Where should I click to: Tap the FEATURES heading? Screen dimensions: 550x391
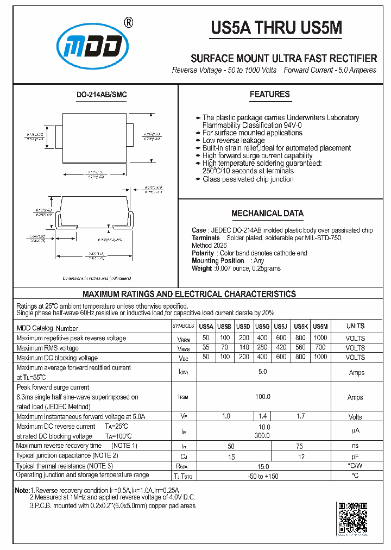point(269,95)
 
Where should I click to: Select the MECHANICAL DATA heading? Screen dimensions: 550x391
point(267,214)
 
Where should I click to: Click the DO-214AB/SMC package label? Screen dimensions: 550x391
point(101,95)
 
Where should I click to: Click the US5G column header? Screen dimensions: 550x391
point(262,327)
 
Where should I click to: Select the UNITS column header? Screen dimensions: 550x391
point(355,326)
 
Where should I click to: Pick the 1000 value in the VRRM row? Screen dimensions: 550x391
point(320,337)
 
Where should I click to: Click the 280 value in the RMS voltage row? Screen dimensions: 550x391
point(262,347)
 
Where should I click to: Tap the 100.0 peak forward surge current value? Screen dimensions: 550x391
point(262,397)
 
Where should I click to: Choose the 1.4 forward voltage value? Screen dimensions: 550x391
point(262,416)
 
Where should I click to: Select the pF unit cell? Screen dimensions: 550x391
point(355,457)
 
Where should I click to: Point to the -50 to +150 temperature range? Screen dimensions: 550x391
point(262,476)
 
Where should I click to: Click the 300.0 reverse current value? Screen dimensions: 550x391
point(262,435)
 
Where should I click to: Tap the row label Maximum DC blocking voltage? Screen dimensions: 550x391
point(57,358)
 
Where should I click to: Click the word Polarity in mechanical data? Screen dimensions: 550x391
point(203,253)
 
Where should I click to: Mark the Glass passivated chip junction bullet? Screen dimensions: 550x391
point(248,179)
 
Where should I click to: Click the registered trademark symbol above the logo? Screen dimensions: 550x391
point(129,22)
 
